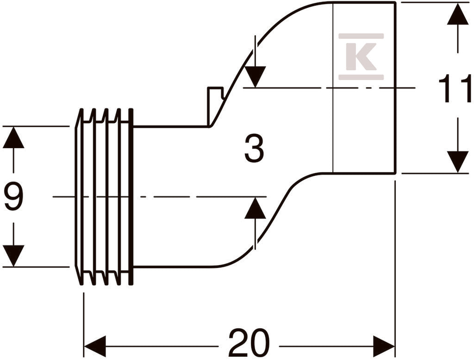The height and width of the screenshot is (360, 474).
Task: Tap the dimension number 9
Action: [13, 197]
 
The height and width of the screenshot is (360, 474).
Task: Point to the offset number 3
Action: [254, 149]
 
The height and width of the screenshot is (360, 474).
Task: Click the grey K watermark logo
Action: [361, 56]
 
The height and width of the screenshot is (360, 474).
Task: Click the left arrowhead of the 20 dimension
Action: [95, 346]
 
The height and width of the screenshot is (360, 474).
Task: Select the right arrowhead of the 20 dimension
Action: [384, 346]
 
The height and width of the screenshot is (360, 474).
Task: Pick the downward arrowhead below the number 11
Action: [458, 162]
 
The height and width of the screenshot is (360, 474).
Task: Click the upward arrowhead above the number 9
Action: [13, 137]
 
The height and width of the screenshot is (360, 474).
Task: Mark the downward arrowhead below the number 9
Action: [13, 256]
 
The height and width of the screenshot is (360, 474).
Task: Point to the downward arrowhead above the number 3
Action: [255, 77]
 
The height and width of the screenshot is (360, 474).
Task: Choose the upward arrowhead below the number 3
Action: [255, 208]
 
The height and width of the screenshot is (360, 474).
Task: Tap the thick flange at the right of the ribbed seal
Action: [131, 197]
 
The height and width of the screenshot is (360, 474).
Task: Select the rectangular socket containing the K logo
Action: [364, 87]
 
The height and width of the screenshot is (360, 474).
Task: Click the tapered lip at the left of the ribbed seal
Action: [79, 197]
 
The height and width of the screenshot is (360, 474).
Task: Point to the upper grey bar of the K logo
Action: [361, 36]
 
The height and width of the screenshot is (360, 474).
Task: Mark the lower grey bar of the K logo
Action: [361, 77]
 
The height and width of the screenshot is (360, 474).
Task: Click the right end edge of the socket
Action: [395, 87]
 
